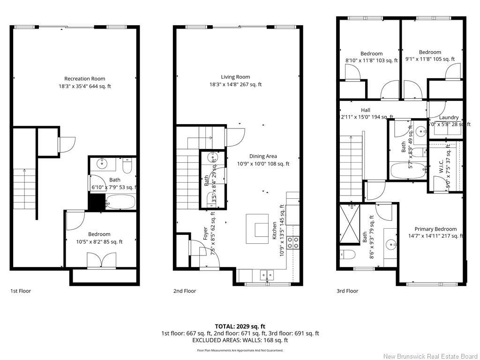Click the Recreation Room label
pos(85,79)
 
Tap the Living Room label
pos(235,77)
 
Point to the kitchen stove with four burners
pos(293,242)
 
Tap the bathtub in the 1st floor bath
pos(120,202)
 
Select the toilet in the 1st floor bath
pos(127,166)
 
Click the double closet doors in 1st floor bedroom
pos(101,261)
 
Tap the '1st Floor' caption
pos(21,291)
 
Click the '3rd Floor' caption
pos(347,291)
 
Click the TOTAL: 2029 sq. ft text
pos(240,326)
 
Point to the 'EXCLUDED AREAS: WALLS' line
pos(240,340)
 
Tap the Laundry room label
pos(449,118)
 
